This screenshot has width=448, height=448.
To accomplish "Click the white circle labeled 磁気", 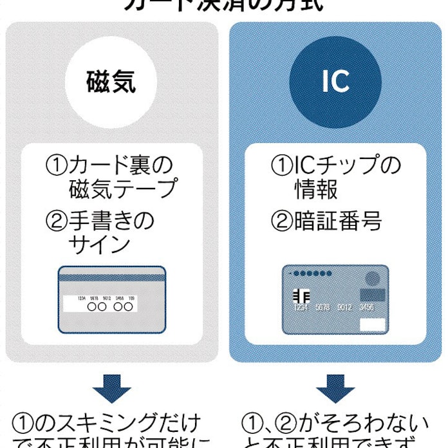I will pos(111,83).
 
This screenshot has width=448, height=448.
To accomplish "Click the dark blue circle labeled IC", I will pos(335,82).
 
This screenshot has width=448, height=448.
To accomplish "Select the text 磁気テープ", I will pos(122,189).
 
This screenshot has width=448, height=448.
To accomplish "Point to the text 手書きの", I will pos(113,221).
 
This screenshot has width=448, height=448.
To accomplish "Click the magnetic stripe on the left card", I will pos(112,279).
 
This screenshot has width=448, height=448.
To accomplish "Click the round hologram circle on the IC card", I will pos(372,279).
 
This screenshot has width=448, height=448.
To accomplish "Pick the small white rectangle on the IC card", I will pos(373,324).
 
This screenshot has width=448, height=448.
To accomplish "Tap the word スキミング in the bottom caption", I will pos(94,424).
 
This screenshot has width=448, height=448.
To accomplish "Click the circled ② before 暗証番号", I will pos(282,221).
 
